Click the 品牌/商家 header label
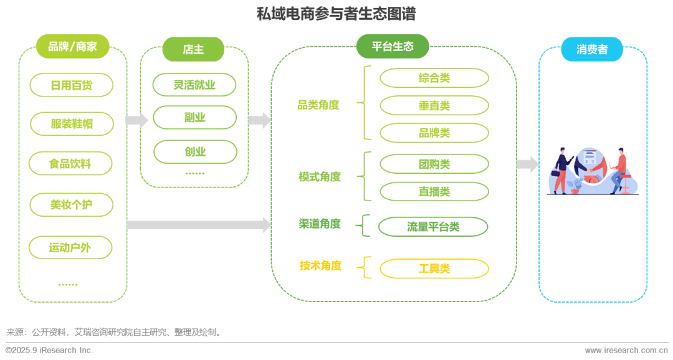72,47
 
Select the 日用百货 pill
72,85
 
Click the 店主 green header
193,49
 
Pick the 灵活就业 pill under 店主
194,85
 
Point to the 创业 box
194,151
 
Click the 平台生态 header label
392,47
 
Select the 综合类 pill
434,78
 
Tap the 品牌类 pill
434,133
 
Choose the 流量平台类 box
434,226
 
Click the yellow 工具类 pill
434,268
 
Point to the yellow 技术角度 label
320,266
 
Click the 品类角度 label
318,105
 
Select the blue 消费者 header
591,49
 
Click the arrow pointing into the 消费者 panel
527,164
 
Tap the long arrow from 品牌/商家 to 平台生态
199,224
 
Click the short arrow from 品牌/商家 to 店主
136,120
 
